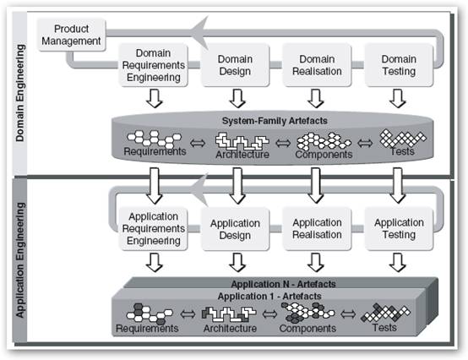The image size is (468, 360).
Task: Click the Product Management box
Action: pyautogui.click(x=71, y=35)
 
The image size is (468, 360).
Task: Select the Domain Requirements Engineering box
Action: pyautogui.click(x=154, y=65)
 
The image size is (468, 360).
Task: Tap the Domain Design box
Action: pyautogui.click(x=235, y=65)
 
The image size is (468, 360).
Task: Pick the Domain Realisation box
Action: pyautogui.click(x=317, y=65)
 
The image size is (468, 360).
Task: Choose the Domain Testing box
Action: pyautogui.click(x=399, y=65)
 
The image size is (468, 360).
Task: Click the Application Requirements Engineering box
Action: pyautogui.click(x=154, y=229)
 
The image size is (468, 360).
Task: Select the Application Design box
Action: pyautogui.click(x=235, y=229)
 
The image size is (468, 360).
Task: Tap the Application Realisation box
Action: pyautogui.click(x=317, y=229)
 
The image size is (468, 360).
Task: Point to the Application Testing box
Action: pyautogui.click(x=399, y=229)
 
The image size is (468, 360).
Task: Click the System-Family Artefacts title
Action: pyautogui.click(x=275, y=121)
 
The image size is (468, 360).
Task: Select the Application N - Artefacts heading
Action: pyautogui.click(x=283, y=284)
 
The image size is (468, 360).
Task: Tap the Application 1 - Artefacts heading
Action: pyautogui.click(x=269, y=296)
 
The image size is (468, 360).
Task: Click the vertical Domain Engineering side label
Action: pyautogui.click(x=20, y=93)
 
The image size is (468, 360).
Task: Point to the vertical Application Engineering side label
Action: pyautogui.click(x=20, y=260)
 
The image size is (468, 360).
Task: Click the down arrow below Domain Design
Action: pyautogui.click(x=237, y=98)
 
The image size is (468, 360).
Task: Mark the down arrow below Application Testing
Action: pyautogui.click(x=398, y=262)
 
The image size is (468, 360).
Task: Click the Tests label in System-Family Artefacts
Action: pyautogui.click(x=402, y=151)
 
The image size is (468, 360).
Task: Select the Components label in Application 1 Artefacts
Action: pyautogui.click(x=307, y=329)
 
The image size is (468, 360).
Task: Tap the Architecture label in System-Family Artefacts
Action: pyautogui.click(x=242, y=155)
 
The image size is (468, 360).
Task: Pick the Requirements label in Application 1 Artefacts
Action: pyautogui.click(x=147, y=329)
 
